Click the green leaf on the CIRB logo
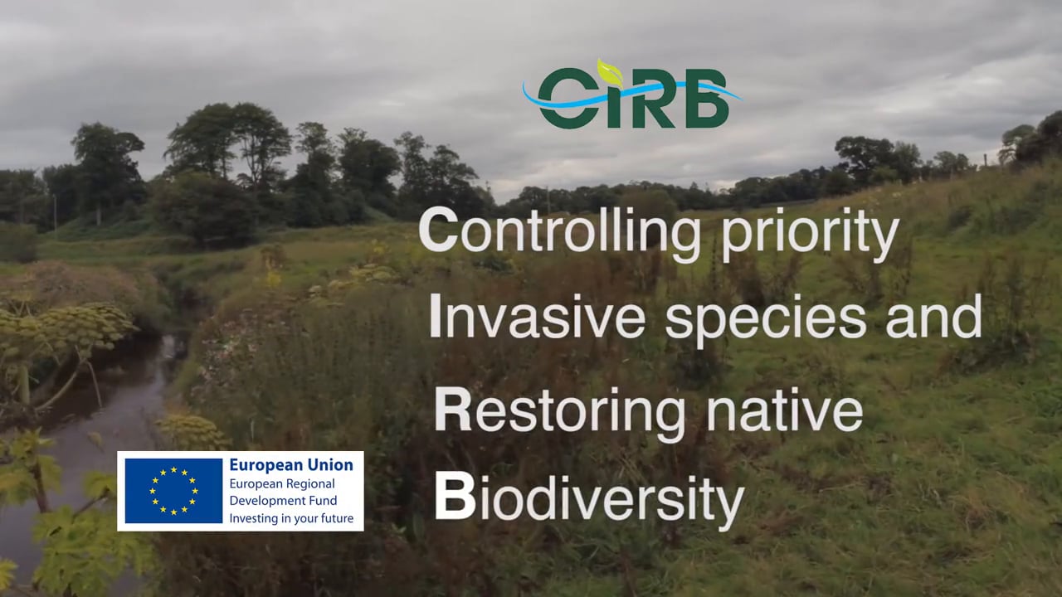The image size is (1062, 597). tap(610, 72)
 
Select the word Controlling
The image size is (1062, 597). tap(559, 232)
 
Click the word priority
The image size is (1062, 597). tap(810, 235)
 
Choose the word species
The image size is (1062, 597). tap(766, 319)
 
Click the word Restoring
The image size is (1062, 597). tap(559, 410)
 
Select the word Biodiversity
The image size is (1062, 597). tap(589, 500)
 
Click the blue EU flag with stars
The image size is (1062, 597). tap(173, 491)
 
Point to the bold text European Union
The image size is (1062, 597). tap(291, 465)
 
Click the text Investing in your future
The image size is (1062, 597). tap(291, 518)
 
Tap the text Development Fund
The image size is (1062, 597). tap(284, 500)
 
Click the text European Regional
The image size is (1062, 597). tap(282, 483)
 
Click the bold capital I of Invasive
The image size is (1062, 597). tap(435, 316)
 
